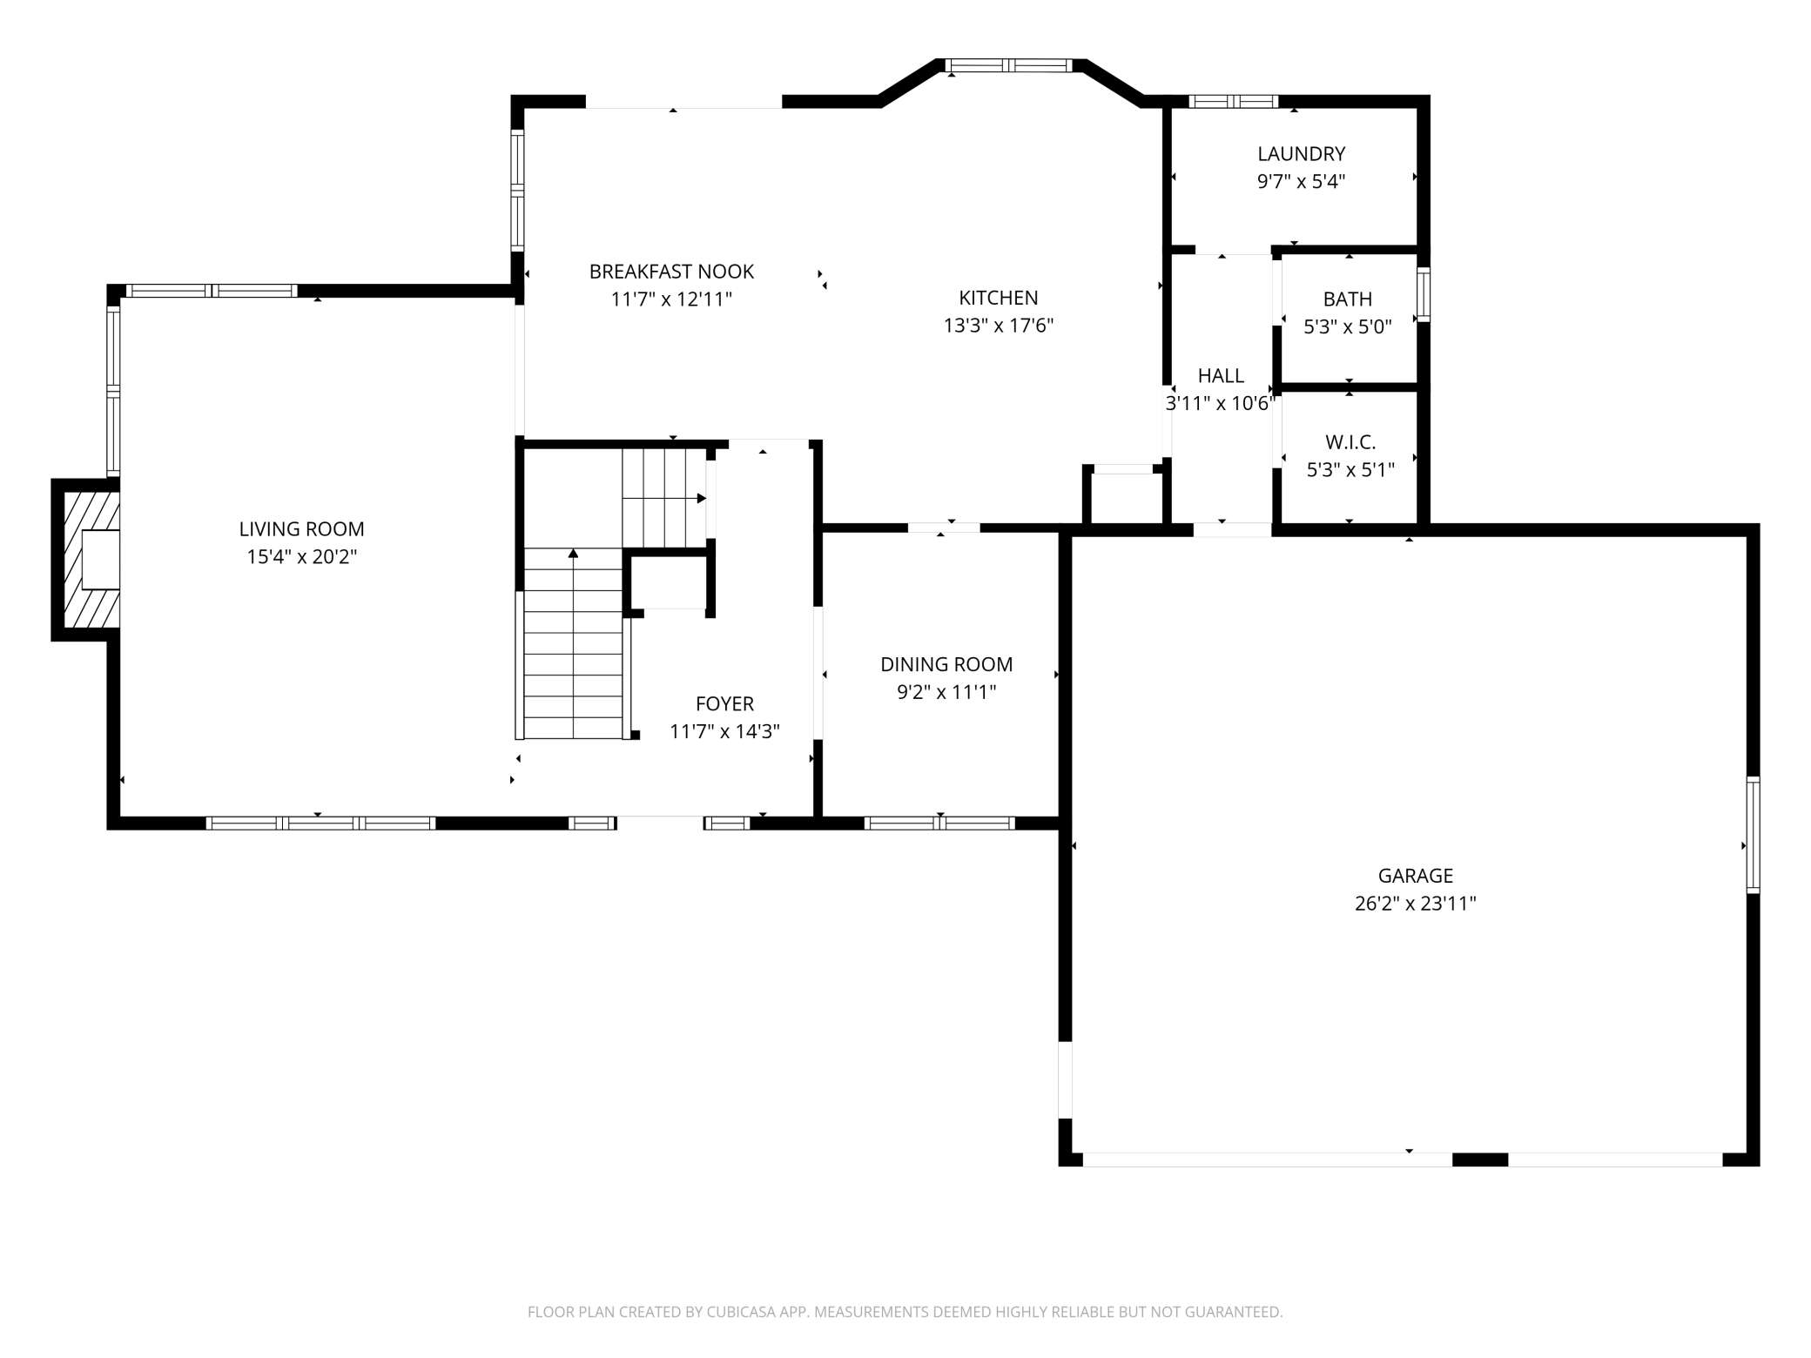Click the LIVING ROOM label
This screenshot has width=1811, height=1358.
(x=301, y=528)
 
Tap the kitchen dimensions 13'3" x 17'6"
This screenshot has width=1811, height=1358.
(x=999, y=326)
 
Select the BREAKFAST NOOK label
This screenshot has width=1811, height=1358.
(x=671, y=272)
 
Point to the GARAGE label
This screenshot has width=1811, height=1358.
(x=1416, y=876)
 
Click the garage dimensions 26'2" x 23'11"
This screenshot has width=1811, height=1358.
(x=1416, y=904)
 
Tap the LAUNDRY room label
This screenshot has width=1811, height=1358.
(x=1302, y=154)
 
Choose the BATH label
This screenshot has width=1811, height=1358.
(x=1348, y=299)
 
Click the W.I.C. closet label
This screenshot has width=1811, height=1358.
(x=1350, y=442)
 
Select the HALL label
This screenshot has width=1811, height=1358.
(x=1221, y=376)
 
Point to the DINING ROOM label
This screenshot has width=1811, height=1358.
(x=946, y=664)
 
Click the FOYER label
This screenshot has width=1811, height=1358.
(x=724, y=703)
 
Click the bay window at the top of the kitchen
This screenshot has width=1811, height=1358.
(x=1008, y=65)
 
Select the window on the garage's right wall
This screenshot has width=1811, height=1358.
(x=1753, y=835)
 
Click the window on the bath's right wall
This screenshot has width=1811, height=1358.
(x=1424, y=294)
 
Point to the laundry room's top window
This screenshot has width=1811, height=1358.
(x=1234, y=102)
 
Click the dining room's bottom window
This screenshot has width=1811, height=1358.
(x=940, y=823)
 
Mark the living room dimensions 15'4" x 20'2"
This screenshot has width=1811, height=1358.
(x=301, y=557)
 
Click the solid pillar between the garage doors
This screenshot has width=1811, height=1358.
(x=1480, y=1159)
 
